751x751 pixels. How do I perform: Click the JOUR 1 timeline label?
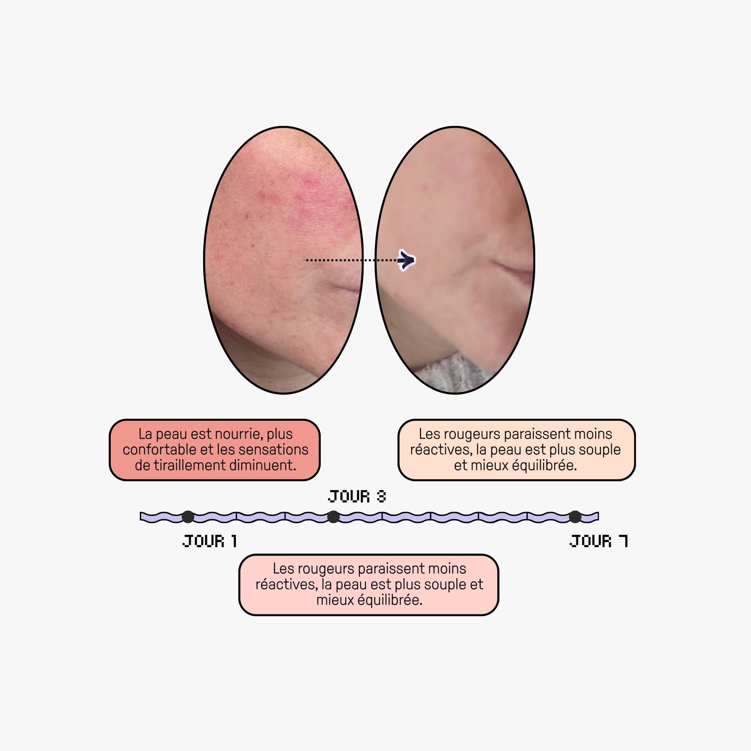click(x=209, y=542)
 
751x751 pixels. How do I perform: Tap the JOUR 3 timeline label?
click(x=357, y=496)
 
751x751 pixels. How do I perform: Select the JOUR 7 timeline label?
click(x=599, y=542)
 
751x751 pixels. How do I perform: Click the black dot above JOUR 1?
click(x=188, y=517)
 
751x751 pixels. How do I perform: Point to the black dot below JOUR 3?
click(x=333, y=517)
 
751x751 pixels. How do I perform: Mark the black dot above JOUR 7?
click(x=575, y=517)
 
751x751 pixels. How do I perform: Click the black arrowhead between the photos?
click(x=406, y=260)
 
